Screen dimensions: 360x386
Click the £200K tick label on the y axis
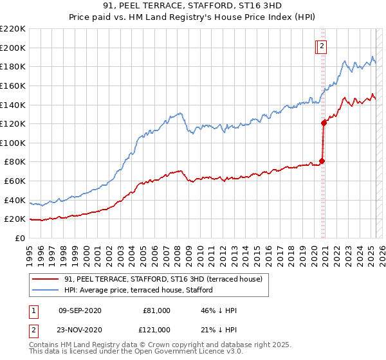(13, 48)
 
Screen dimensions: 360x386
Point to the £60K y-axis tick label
(15, 181)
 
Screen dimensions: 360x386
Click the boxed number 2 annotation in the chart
(321, 46)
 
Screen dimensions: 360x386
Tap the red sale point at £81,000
(322, 161)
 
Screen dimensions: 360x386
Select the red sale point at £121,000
(324, 123)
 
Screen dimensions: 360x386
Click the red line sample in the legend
(45, 280)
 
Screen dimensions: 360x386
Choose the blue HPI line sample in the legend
(45, 290)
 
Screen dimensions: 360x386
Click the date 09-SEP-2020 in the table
(80, 310)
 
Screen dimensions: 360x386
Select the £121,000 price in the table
(156, 329)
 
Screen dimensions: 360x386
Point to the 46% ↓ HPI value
(219, 310)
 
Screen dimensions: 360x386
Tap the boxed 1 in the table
(33, 310)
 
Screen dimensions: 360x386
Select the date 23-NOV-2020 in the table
(80, 329)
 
